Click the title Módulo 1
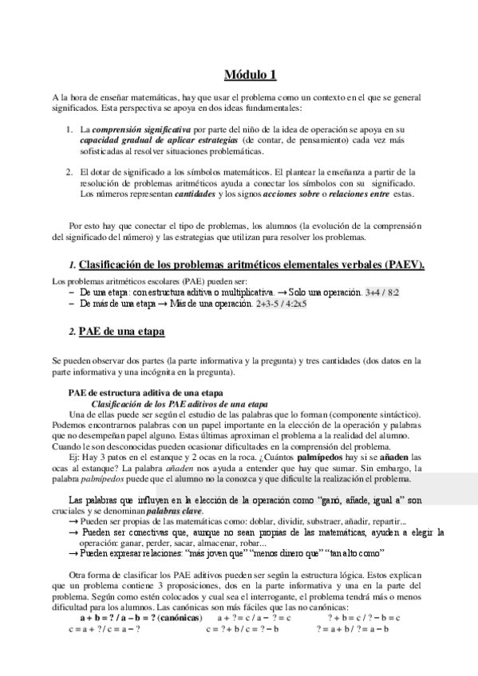[x=250, y=76]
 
